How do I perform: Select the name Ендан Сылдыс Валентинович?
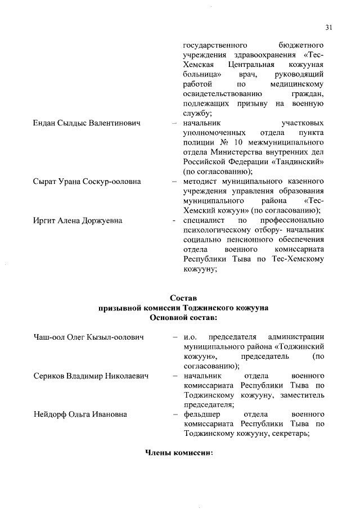(86, 123)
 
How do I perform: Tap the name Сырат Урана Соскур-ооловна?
(87, 182)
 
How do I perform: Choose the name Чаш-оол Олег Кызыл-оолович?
(88, 337)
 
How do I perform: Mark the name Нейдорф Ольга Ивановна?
(80, 415)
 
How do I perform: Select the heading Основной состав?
(183, 318)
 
